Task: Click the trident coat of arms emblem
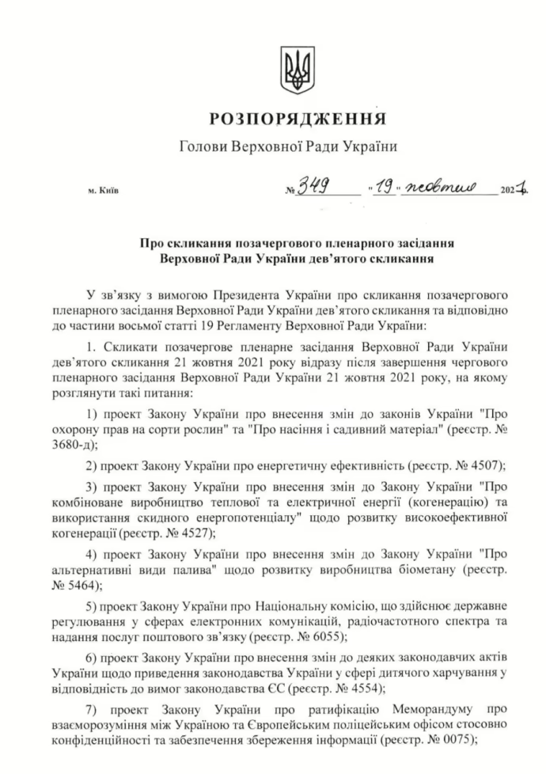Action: click(x=298, y=70)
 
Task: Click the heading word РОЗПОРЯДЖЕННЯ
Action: click(x=298, y=120)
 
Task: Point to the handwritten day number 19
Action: click(x=385, y=190)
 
